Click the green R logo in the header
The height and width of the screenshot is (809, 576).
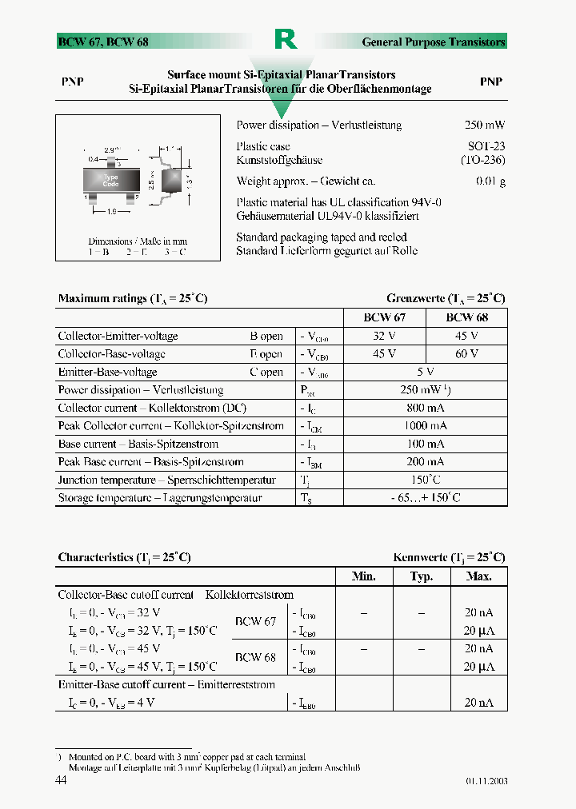point(286,39)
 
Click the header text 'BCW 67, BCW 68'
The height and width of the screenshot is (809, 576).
point(103,42)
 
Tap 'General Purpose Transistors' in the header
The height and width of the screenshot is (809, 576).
point(434,42)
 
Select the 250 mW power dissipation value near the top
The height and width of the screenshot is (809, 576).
point(485,126)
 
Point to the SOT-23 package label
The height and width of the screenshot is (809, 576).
point(486,146)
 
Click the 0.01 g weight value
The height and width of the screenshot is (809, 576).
point(490,181)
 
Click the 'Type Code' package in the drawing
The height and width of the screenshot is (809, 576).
point(110,181)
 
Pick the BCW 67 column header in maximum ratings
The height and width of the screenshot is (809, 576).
point(385,317)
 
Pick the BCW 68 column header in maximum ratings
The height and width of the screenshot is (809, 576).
point(466,317)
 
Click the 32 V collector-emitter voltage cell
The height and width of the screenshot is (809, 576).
point(385,336)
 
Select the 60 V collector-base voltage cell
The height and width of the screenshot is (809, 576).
point(466,354)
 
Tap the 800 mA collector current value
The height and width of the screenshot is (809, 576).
point(425,408)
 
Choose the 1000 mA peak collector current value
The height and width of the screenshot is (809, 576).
point(425,426)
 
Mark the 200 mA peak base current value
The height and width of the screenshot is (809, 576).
point(425,462)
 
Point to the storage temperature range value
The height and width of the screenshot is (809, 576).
point(425,498)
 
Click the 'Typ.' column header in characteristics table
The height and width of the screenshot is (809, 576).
point(421,576)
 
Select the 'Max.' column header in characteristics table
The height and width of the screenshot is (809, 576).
point(478,576)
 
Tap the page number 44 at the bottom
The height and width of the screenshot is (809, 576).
point(62,780)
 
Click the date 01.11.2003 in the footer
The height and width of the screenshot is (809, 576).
point(486,781)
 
